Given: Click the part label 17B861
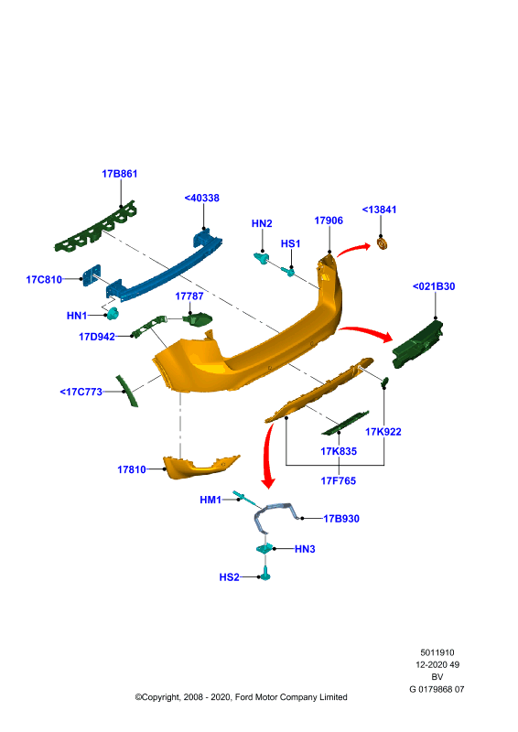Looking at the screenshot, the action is point(120,174).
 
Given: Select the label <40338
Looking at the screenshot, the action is point(201,198).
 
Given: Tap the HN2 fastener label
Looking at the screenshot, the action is point(262,223).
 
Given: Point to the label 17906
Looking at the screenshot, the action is point(329,221).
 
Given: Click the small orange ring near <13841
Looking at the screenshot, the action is point(383,243).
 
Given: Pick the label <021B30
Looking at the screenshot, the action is point(434,286).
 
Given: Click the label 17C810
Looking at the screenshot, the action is point(44,280).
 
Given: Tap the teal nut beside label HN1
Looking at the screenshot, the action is point(113,314).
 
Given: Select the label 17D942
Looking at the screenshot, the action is point(97,337).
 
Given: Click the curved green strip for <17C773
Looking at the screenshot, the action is point(127,391).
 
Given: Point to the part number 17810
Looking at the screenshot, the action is point(131,469).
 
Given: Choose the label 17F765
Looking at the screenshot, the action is point(339,481).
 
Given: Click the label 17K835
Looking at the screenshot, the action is point(339,451).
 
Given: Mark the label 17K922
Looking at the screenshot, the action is point(383,432).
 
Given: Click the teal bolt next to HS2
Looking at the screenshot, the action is point(265,574).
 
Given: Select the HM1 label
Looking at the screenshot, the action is point(210,500).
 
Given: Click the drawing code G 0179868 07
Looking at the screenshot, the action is point(437,689).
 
